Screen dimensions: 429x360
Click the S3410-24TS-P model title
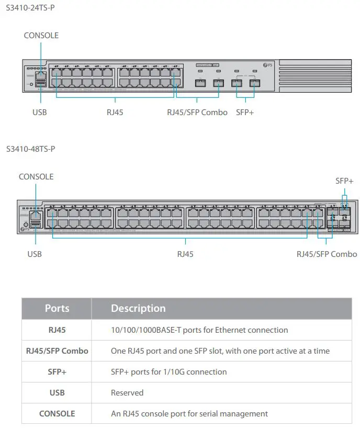click(x=30, y=8)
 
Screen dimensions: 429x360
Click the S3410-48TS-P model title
click(x=30, y=149)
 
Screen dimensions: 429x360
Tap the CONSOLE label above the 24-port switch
click(x=41, y=36)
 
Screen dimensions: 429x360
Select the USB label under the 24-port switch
click(x=40, y=112)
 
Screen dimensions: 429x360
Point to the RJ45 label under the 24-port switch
click(x=115, y=112)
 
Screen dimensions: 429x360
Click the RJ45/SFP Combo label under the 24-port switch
click(x=197, y=112)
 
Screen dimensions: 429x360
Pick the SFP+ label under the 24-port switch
click(x=245, y=112)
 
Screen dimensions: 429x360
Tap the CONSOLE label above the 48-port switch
click(x=36, y=177)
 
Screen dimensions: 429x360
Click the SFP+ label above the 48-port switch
click(x=344, y=181)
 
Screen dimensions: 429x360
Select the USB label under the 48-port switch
click(x=35, y=254)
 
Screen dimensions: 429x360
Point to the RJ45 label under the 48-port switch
click(x=185, y=254)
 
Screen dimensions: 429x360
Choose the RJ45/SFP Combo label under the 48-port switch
click(x=327, y=254)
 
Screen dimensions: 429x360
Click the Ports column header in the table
click(x=57, y=309)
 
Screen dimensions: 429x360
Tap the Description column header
click(x=138, y=309)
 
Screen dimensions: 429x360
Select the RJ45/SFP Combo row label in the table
click(x=57, y=351)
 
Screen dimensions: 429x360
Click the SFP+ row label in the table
click(x=57, y=372)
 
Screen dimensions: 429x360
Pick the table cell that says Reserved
click(x=127, y=393)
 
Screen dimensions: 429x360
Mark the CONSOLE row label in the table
click(x=57, y=414)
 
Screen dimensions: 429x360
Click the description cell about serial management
click(x=189, y=414)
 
